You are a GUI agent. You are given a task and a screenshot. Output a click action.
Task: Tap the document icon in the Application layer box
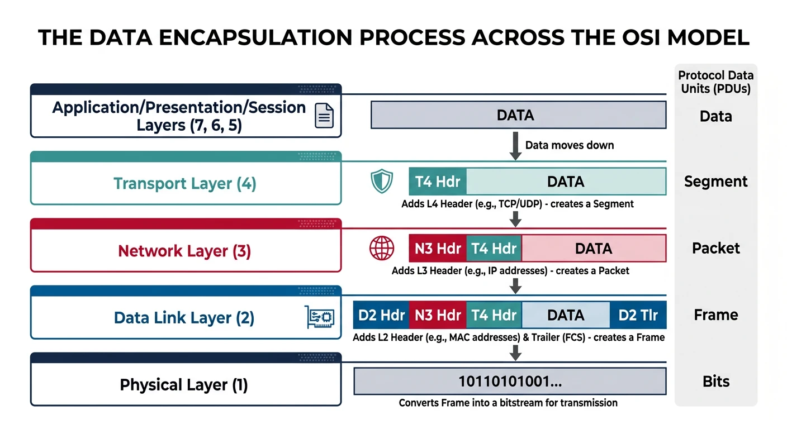click(324, 116)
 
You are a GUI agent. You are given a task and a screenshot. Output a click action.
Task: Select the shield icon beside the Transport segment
click(382, 182)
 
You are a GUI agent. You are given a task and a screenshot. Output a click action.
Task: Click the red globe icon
click(382, 249)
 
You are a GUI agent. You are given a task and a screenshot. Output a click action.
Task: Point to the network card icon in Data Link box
click(320, 317)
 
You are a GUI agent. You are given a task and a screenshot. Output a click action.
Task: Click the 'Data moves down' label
click(569, 145)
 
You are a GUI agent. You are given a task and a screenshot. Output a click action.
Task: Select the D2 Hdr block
click(381, 315)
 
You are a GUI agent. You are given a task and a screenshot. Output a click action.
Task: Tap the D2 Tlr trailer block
click(638, 315)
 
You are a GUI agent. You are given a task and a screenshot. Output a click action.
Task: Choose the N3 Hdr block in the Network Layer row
click(437, 249)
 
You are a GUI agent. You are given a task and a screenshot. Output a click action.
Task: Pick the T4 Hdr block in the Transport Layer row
click(438, 182)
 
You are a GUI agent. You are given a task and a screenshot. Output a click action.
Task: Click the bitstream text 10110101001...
click(510, 382)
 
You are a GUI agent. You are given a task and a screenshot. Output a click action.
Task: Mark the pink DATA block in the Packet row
click(594, 249)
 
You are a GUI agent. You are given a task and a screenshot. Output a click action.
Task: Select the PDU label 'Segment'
click(715, 182)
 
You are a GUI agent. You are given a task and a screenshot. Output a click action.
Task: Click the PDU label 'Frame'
click(715, 315)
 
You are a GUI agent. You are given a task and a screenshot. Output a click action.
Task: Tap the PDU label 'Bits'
click(715, 382)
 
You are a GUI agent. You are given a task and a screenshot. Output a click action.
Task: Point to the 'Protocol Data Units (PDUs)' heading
click(715, 82)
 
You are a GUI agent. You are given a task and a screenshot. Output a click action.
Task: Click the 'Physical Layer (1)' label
click(184, 385)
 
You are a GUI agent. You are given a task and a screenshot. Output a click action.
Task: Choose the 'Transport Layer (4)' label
click(185, 184)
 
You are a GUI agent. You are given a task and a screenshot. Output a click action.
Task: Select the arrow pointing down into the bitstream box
click(516, 352)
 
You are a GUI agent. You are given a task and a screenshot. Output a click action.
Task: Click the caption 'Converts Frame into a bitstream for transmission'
click(508, 403)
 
